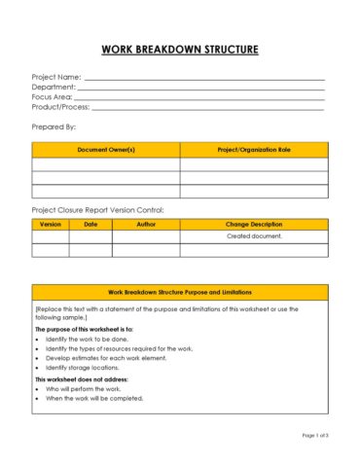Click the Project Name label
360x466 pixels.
[x=56, y=77]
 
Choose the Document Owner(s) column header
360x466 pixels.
[x=106, y=150]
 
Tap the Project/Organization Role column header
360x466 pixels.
[x=254, y=150]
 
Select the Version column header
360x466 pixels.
[x=51, y=224]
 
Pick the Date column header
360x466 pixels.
[x=90, y=224]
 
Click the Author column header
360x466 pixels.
[x=146, y=224]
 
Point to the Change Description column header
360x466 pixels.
[x=254, y=224]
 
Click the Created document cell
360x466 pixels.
[x=254, y=236]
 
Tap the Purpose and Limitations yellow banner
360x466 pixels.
[x=180, y=292]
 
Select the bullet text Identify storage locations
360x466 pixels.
[x=82, y=368]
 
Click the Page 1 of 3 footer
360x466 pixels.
[x=315, y=435]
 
